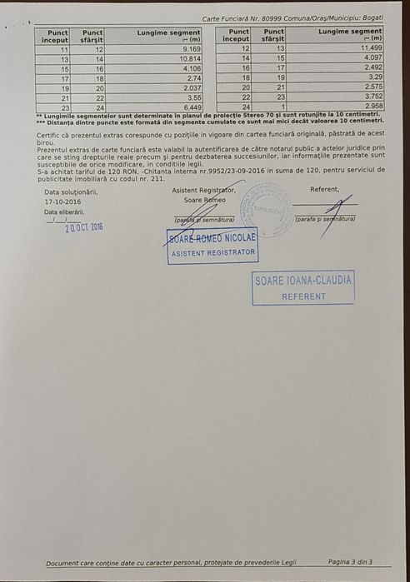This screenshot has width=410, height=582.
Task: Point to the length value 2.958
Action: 371,107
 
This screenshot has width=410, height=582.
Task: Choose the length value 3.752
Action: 371,97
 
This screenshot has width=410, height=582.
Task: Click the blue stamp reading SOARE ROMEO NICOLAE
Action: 212,245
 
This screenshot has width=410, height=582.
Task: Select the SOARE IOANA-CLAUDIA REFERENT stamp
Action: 303,287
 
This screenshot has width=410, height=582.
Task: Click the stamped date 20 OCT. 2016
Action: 84,226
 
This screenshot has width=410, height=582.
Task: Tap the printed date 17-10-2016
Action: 63,201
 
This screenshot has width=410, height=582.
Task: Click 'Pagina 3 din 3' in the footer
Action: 350,562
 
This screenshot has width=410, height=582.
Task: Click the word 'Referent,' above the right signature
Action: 325,189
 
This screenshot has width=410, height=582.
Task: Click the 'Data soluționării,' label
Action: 71,192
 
